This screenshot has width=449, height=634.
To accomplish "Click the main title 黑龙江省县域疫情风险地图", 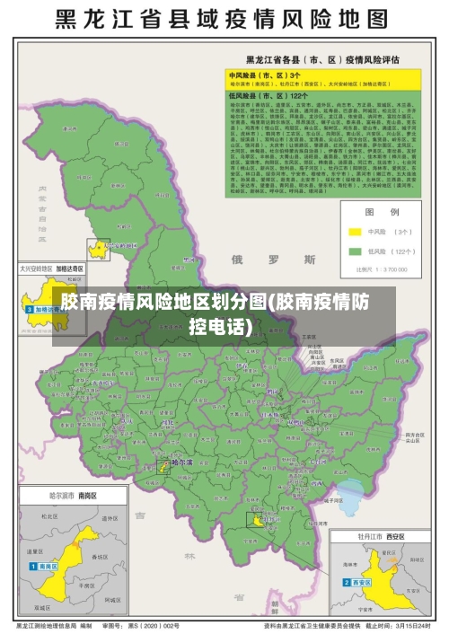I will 224,19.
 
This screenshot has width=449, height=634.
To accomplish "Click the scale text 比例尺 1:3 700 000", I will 381,268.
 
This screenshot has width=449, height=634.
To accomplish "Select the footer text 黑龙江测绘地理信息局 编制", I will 54,625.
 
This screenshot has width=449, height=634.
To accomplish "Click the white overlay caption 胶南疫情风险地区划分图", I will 224,313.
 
